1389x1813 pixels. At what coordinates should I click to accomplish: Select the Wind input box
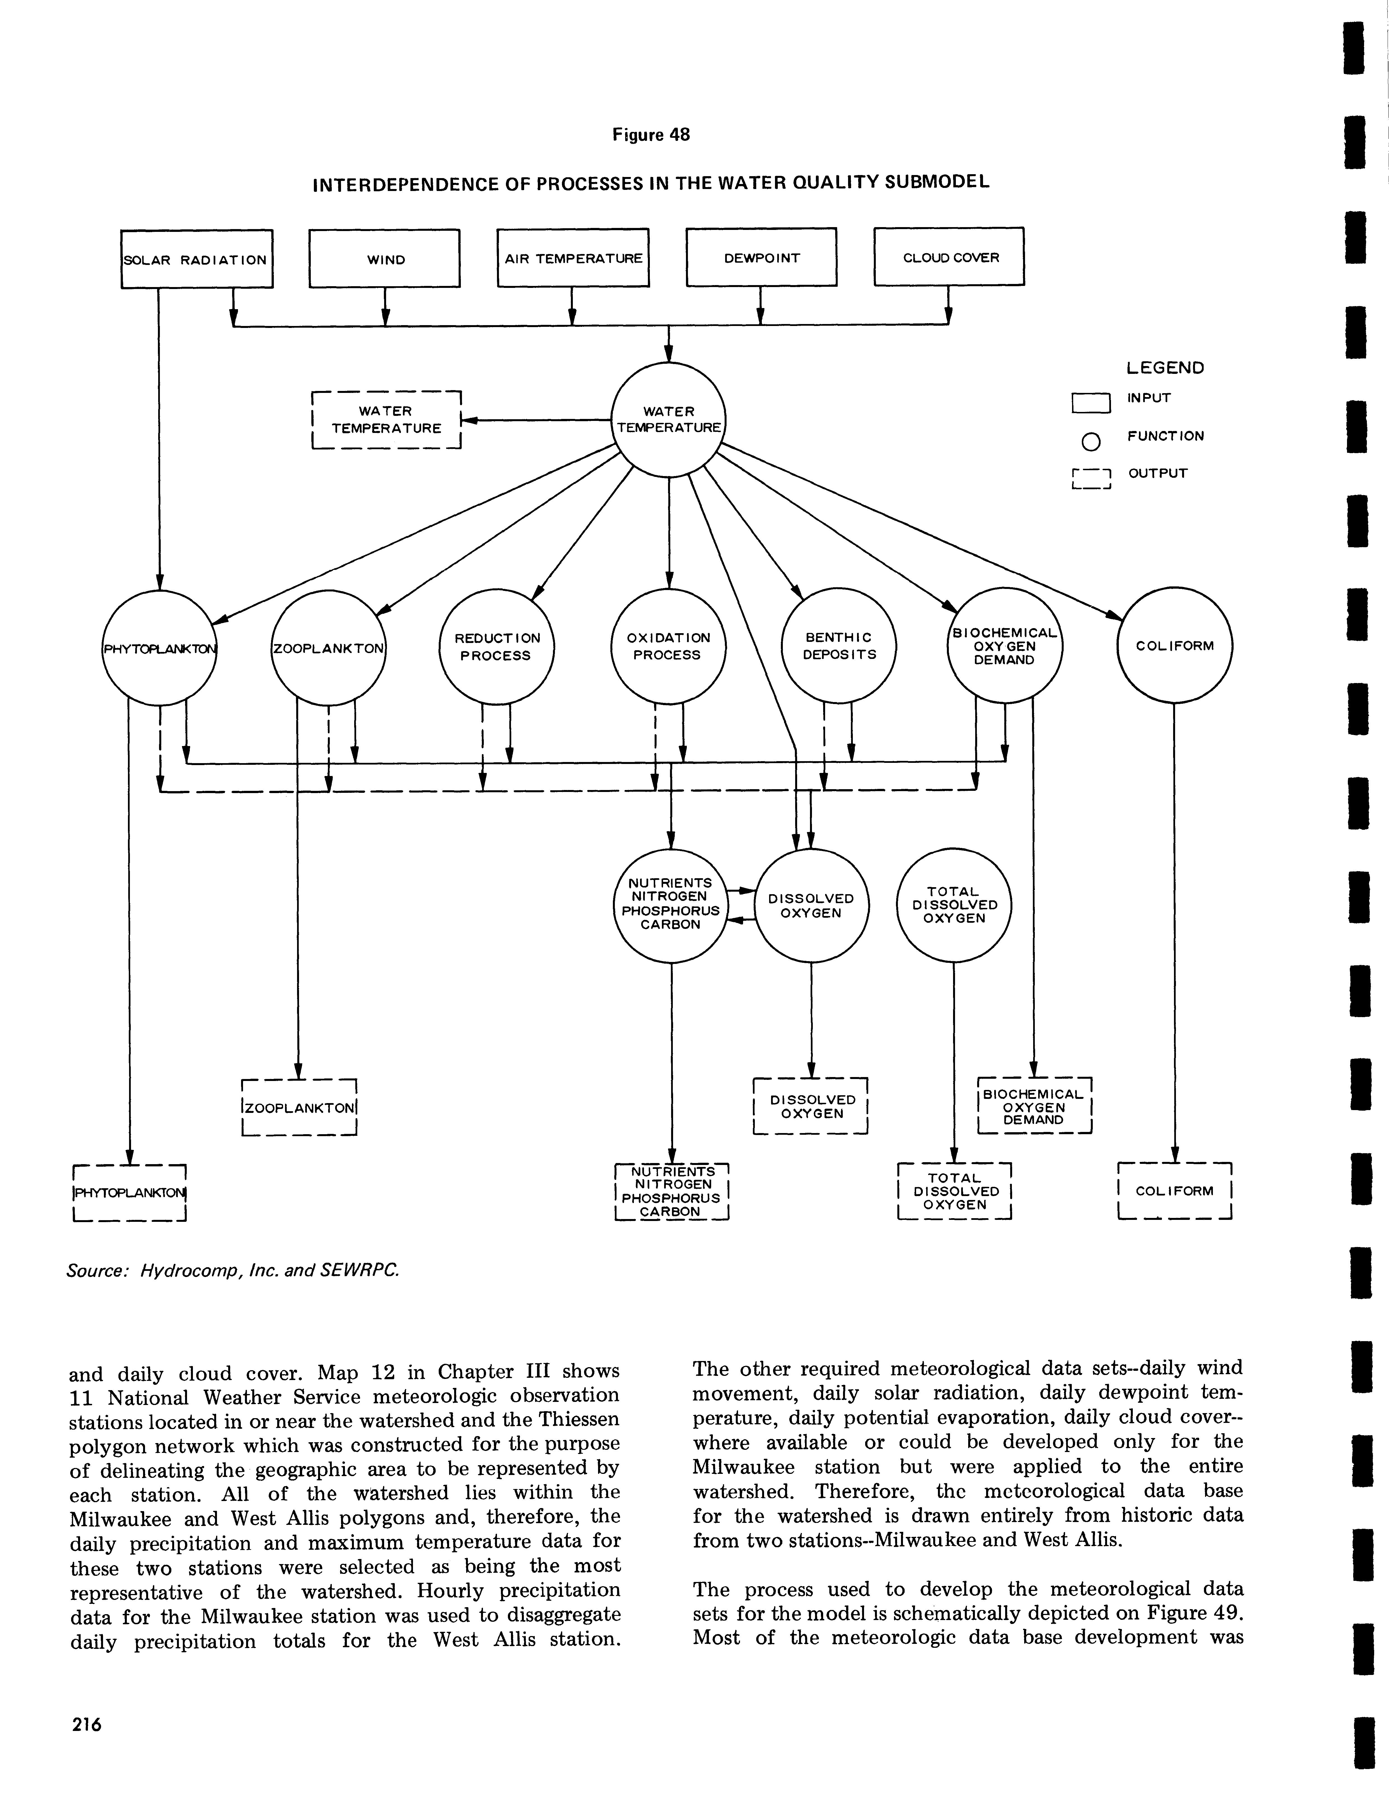tap(384, 259)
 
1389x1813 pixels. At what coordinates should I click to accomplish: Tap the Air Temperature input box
tap(573, 258)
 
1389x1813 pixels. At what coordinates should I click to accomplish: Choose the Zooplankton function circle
tap(328, 647)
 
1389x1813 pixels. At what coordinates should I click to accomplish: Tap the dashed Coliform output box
tap(1174, 1190)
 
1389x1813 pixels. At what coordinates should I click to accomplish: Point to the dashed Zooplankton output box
tap(298, 1108)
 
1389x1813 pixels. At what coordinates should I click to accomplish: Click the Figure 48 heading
tap(651, 134)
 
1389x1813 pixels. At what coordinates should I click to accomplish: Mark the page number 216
tap(85, 1724)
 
